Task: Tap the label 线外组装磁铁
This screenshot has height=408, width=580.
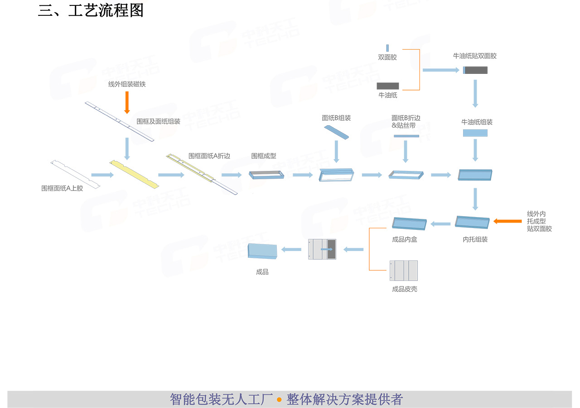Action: pyautogui.click(x=127, y=84)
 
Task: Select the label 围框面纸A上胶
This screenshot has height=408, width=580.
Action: pyautogui.click(x=62, y=188)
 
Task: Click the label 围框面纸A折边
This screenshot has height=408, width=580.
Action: pyautogui.click(x=209, y=156)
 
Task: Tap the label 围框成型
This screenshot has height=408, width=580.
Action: pyautogui.click(x=264, y=156)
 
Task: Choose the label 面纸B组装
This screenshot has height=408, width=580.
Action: pyautogui.click(x=336, y=118)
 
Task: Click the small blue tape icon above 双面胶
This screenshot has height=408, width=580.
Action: pyautogui.click(x=387, y=47)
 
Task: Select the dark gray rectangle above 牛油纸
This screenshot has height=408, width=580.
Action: pyautogui.click(x=388, y=86)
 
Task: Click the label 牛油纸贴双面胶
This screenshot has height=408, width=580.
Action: pyautogui.click(x=475, y=56)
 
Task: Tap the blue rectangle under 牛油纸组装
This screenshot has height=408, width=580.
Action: pyautogui.click(x=475, y=133)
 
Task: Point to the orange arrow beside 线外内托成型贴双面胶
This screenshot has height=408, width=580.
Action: pyautogui.click(x=507, y=221)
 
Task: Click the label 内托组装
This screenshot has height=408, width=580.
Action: pyautogui.click(x=475, y=239)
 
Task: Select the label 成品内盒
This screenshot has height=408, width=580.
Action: pyautogui.click(x=405, y=239)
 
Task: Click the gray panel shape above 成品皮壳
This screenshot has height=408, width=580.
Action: pyautogui.click(x=404, y=270)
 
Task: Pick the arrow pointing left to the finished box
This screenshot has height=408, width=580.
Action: pyautogui.click(x=292, y=249)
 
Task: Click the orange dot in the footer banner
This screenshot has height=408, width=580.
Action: pyautogui.click(x=279, y=400)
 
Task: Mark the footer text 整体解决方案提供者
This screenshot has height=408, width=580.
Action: pyautogui.click(x=344, y=400)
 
